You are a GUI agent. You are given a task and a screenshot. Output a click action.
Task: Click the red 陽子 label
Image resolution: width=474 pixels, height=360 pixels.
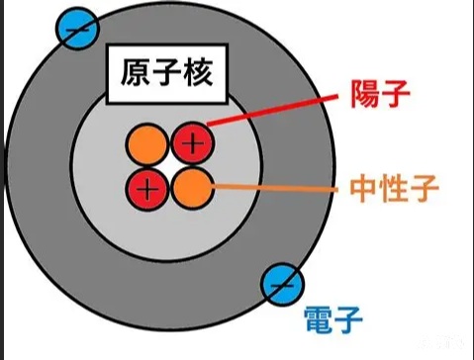coord(380,94)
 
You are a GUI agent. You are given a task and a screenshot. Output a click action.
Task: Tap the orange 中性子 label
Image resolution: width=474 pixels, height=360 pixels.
coord(394,189)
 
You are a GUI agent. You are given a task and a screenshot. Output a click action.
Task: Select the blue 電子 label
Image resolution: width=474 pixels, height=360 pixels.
coord(333,319)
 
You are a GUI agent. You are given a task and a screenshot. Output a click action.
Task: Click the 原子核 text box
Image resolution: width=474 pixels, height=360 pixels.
coord(167,74)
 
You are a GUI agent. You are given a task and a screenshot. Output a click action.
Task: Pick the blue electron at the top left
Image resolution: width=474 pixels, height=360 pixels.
coord(77,29)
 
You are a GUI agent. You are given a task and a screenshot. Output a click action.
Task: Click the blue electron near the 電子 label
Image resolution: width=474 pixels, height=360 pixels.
coord(282,285)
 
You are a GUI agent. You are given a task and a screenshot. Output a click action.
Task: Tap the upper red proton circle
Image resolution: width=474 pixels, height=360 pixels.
coord(193,143)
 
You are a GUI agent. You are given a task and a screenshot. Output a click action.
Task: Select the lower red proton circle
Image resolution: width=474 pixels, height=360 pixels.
coord(147,189)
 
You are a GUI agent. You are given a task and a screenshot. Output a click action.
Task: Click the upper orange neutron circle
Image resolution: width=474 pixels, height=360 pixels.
coord(147,144)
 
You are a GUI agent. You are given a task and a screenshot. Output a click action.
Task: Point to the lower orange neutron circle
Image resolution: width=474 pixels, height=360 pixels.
coord(193,188)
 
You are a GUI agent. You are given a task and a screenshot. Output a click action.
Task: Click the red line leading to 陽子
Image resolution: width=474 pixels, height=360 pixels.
coord(272,110)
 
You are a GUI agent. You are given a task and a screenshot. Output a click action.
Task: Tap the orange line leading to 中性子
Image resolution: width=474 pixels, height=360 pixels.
coord(275,188)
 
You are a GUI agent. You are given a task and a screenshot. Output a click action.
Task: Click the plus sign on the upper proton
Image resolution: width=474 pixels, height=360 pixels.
coord(193,143)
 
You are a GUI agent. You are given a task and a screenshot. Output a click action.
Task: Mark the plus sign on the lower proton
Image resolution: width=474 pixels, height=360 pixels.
coord(147,189)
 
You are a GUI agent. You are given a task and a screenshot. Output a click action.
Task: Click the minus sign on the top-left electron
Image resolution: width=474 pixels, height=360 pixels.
coord(77,30)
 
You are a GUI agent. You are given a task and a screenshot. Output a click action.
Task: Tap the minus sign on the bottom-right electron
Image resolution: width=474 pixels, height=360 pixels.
coord(282,286)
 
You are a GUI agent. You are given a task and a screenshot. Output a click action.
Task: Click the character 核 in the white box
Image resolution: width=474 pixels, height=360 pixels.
coord(198,72)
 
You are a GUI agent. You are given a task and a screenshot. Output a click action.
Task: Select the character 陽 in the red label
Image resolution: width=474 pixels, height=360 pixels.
coord(364,94)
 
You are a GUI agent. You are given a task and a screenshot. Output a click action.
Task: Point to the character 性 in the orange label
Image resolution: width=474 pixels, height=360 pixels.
coord(394,189)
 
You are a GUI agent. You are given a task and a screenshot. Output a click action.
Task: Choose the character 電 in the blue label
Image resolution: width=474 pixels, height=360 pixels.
coord(318,319)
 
